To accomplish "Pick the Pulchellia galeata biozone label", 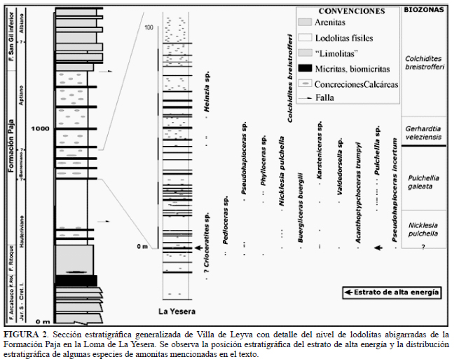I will (423, 182).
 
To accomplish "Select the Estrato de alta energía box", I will (392, 291).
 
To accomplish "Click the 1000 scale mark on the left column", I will (41, 129).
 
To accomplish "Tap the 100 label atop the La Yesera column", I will (148, 27).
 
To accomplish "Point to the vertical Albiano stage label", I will (23, 28).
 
